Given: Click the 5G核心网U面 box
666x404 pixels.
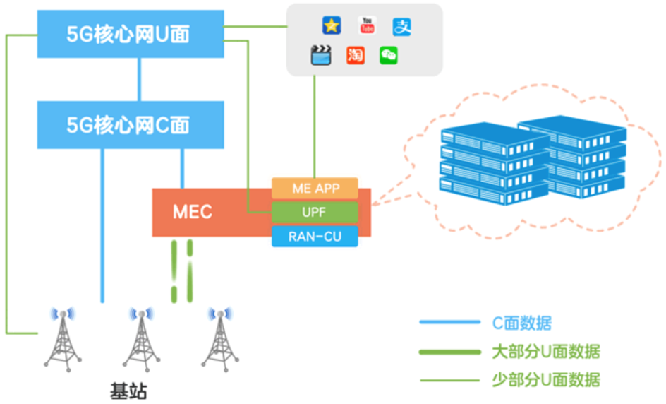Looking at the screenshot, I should (130, 34).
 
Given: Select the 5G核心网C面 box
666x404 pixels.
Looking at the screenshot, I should (130, 125).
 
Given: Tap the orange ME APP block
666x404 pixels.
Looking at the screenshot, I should (315, 189).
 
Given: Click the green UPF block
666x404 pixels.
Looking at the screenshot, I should (315, 212).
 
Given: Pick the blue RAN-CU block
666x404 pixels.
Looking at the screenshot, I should (315, 236).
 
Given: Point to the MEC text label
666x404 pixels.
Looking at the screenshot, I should (193, 212).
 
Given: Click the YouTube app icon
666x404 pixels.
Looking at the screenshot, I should (367, 26).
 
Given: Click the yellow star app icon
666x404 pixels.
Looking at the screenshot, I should (332, 26).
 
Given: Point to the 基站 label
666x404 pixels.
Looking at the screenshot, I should (129, 390).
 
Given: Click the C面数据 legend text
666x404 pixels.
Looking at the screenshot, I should (521, 323).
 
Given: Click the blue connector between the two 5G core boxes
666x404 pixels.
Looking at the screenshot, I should (140, 79).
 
